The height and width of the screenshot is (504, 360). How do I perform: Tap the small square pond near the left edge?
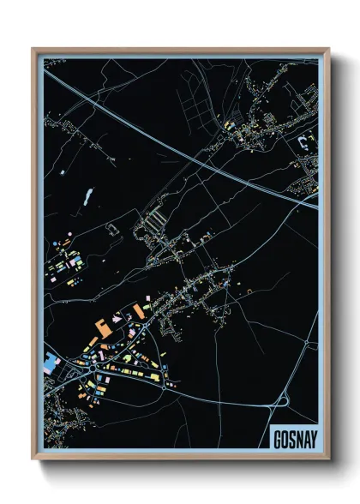click(x=62, y=172)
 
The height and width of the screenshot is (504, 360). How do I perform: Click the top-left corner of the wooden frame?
click(x=34, y=50)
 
